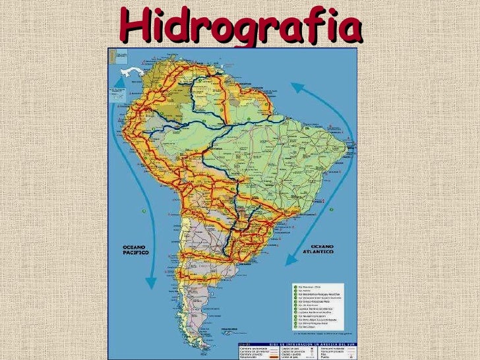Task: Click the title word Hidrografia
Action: click(241, 26)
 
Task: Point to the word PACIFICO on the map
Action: click(136, 253)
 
